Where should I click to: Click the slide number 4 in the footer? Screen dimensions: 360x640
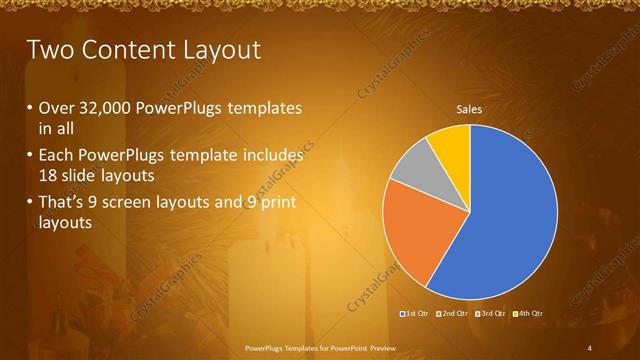[x=590, y=347]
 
